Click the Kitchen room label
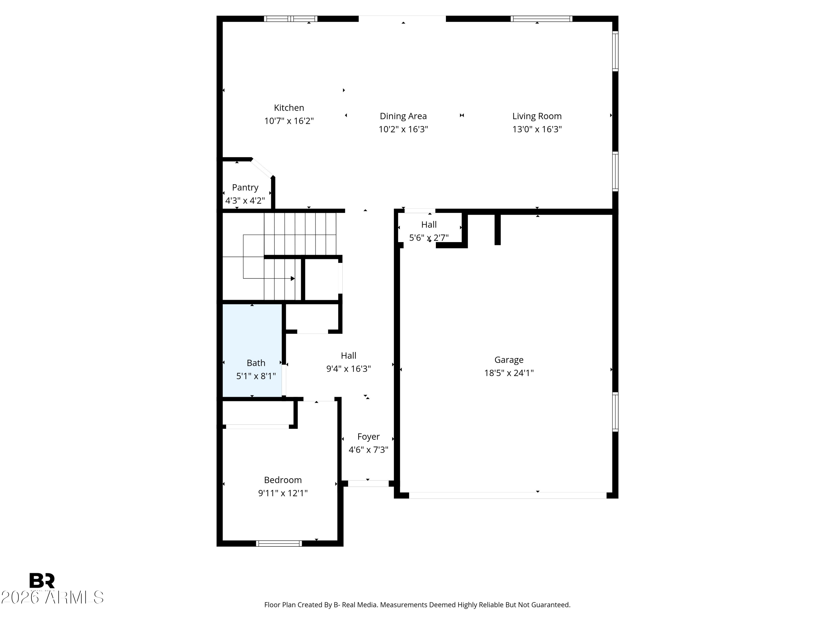point(289,108)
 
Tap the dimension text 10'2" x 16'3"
point(403,129)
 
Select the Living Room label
point(537,116)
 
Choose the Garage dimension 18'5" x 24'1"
point(509,373)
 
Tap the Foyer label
point(369,437)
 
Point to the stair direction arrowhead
point(293,279)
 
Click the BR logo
point(42,581)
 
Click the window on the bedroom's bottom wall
point(279,543)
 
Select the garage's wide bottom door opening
point(508,496)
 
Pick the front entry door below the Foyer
point(368,483)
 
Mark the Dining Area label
point(403,116)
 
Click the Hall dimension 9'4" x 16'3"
point(348,369)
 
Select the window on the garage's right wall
point(615,412)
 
